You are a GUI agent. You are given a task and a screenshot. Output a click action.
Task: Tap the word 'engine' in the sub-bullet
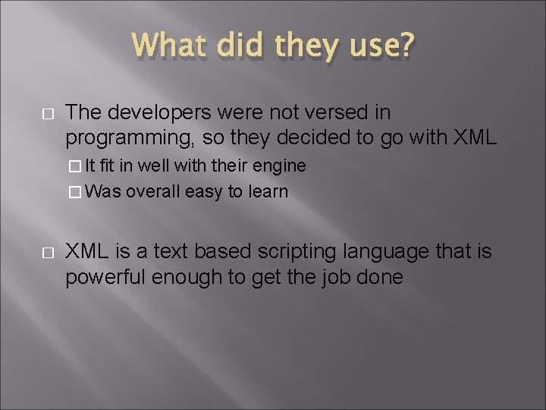click(x=281, y=166)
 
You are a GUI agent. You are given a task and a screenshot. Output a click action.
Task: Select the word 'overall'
click(x=151, y=191)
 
